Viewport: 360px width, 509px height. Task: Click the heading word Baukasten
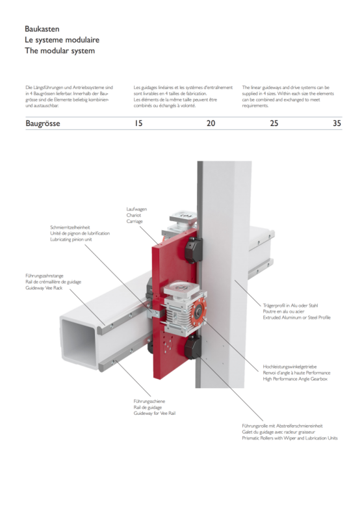tap(42, 29)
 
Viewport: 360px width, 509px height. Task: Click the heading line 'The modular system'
tap(60, 51)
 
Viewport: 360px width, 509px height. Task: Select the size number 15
tap(138, 123)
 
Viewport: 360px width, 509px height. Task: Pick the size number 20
tap(211, 123)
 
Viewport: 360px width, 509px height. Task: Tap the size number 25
tap(274, 123)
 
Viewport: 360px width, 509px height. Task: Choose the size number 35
tap(337, 123)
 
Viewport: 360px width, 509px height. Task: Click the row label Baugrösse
tap(43, 124)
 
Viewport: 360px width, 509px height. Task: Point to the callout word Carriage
tap(135, 222)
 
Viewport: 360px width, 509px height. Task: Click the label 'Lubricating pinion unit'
tap(71, 240)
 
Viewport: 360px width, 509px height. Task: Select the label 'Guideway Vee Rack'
tap(44, 288)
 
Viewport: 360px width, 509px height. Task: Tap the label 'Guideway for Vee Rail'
tap(155, 413)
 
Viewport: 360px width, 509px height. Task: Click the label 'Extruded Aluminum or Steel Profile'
tap(297, 317)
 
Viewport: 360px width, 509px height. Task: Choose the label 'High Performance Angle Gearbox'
tap(295, 379)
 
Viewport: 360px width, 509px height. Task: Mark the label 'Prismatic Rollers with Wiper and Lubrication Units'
tap(290, 438)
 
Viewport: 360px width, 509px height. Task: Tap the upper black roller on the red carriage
tap(193, 250)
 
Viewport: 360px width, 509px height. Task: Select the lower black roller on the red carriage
tap(193, 347)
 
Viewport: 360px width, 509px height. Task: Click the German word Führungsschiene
tap(149, 401)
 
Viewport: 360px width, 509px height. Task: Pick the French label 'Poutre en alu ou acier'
tap(283, 311)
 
